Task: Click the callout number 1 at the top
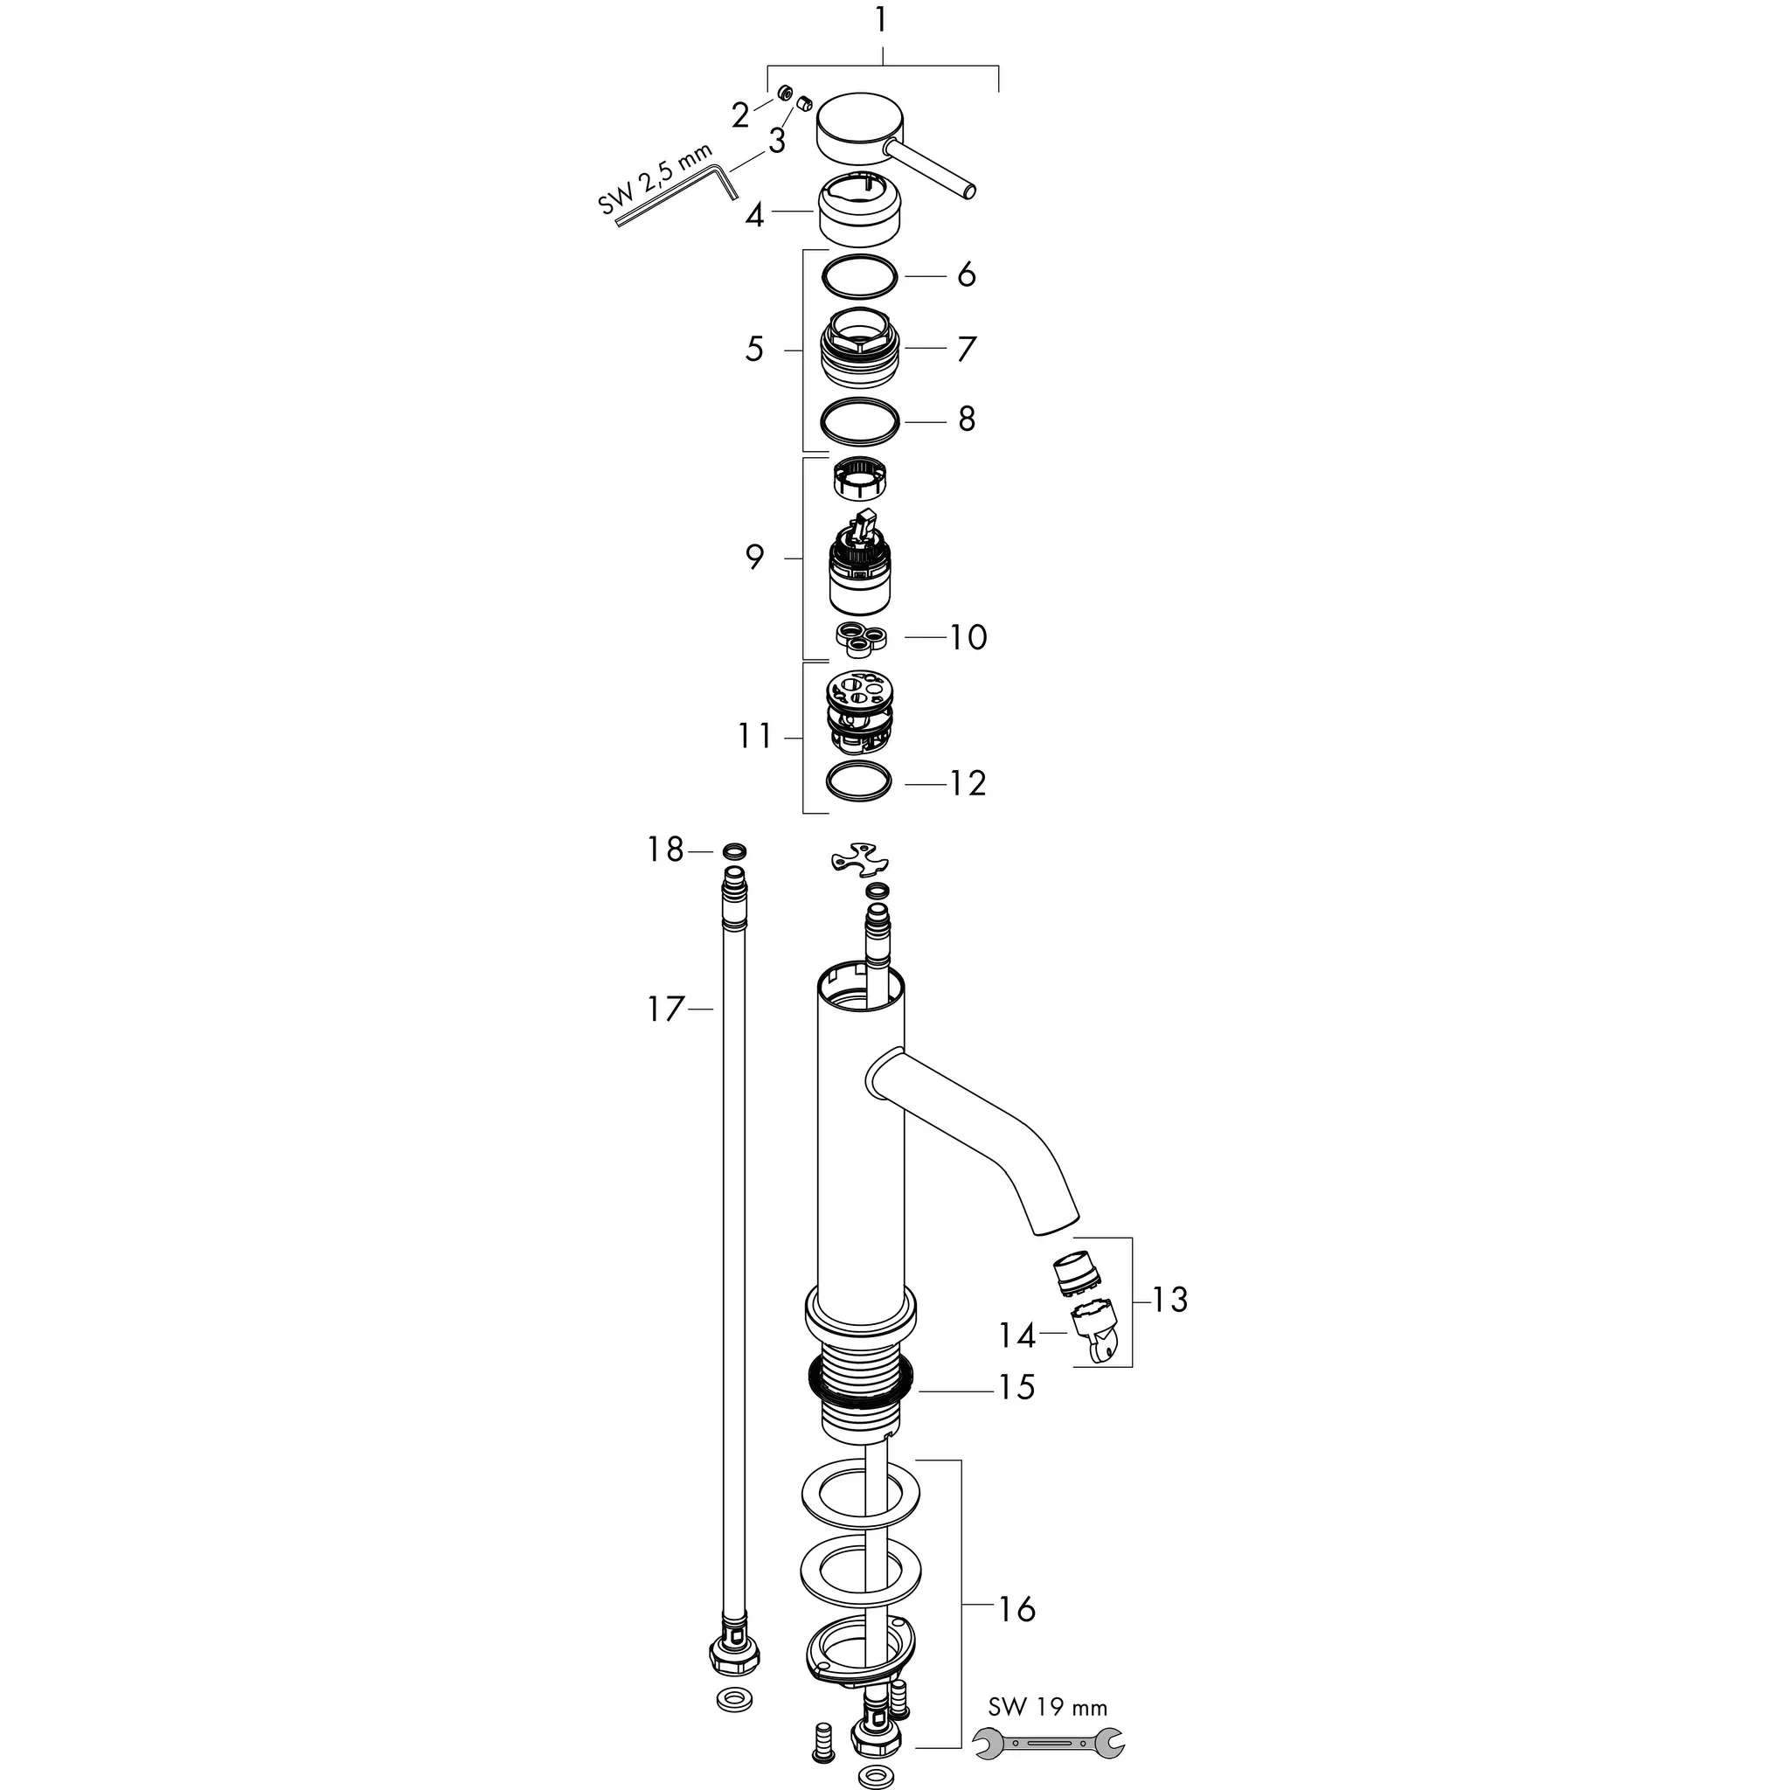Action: pyautogui.click(x=880, y=20)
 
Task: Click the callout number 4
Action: pyautogui.click(x=755, y=216)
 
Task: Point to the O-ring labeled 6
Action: pyautogui.click(x=861, y=276)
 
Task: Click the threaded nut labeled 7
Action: pyautogui.click(x=861, y=350)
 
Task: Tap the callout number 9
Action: pyautogui.click(x=755, y=558)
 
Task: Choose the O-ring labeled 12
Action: pyautogui.click(x=858, y=781)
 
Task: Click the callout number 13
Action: pyautogui.click(x=1170, y=1300)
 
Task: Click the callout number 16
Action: pyautogui.click(x=1016, y=1609)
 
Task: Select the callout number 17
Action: pyautogui.click(x=665, y=1009)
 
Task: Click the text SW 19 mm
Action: pyautogui.click(x=1047, y=1707)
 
